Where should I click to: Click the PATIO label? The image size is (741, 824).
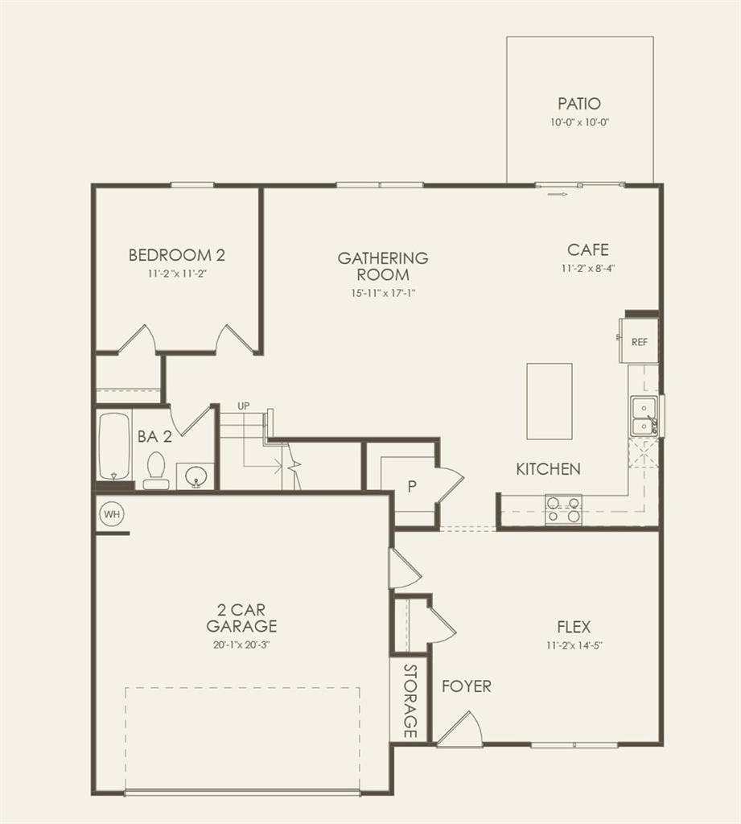[x=579, y=104]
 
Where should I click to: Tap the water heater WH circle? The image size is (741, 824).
[x=109, y=513]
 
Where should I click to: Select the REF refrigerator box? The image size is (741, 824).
[x=639, y=341]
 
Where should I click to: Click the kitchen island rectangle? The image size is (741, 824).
[x=550, y=401]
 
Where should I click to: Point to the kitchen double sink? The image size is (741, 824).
[x=643, y=416]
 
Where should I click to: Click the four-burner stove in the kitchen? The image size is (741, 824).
[x=563, y=509]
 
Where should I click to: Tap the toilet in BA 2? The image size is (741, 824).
[x=156, y=470]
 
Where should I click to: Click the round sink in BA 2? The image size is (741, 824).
[x=195, y=477]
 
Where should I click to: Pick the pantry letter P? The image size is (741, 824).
[x=411, y=487]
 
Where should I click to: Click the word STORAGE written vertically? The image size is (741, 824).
[x=410, y=702]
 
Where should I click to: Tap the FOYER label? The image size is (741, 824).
[x=467, y=686]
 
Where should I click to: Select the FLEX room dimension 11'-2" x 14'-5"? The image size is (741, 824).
[x=574, y=645]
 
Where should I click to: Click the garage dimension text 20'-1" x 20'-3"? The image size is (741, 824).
[x=241, y=644]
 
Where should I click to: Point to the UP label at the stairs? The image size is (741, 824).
[x=243, y=406]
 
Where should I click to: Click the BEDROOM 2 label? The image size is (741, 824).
[x=177, y=256]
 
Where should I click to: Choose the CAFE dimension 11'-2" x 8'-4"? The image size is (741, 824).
[x=589, y=269]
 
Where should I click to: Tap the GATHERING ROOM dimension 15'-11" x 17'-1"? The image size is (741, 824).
[x=383, y=292]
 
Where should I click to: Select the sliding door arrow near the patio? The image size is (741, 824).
[x=557, y=193]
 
